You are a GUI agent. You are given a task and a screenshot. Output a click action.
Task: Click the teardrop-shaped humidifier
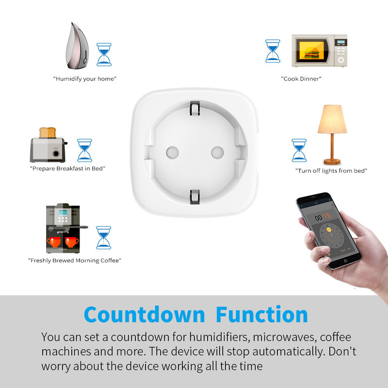77,47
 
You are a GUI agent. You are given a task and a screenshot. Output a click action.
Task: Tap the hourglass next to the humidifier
104,55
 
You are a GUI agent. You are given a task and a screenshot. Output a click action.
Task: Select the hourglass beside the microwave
273,51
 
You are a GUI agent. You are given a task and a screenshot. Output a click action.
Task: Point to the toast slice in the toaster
48,132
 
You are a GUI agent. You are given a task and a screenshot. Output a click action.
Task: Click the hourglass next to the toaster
84,150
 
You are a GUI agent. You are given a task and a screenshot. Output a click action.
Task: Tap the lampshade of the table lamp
332,119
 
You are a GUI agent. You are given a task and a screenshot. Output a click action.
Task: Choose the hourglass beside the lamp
299,150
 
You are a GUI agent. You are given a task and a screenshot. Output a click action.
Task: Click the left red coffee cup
54,242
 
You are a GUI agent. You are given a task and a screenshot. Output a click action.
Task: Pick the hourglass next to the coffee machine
104,238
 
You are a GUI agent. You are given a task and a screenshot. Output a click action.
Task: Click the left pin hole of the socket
173,152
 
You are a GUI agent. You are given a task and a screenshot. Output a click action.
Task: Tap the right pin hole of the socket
217,152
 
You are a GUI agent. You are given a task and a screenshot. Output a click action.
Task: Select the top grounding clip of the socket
195,108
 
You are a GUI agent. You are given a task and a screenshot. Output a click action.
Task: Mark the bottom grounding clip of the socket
195,197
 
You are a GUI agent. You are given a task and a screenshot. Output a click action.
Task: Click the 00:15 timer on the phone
323,217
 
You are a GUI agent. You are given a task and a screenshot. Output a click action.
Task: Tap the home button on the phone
345,261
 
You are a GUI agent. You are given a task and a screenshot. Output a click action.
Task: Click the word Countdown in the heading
144,314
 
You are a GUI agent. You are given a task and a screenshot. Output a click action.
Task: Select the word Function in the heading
262,314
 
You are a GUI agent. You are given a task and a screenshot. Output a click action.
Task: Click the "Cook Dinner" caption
301,79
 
